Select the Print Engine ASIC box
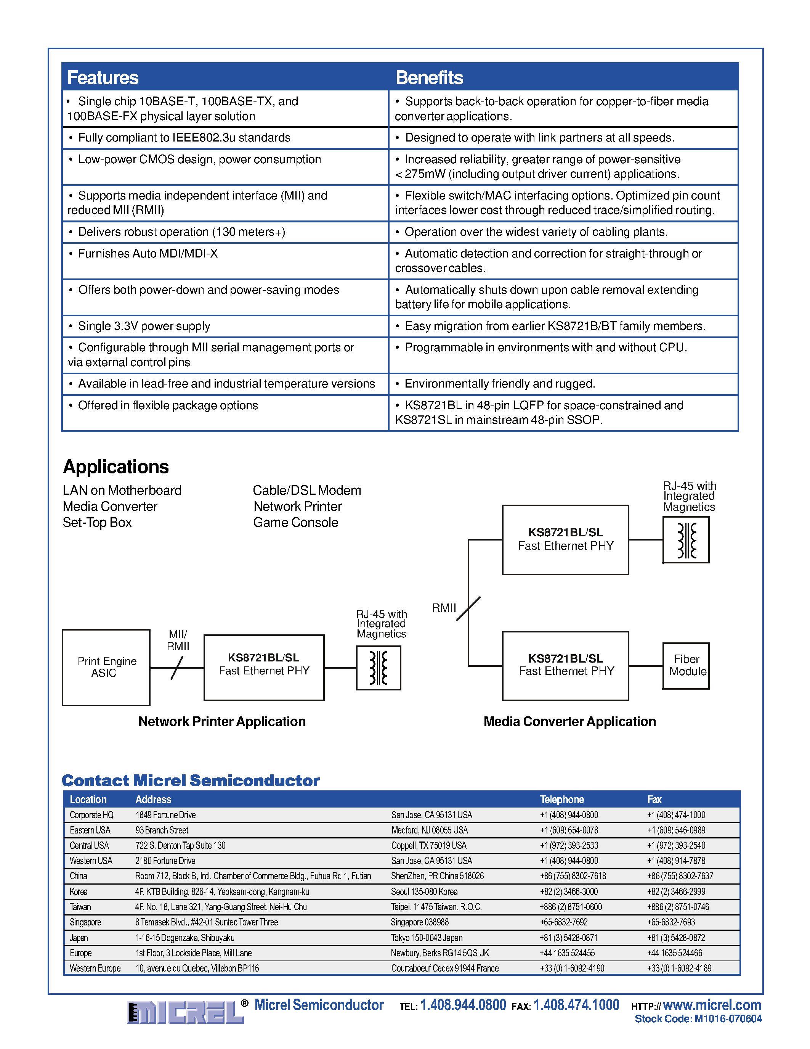[106, 667]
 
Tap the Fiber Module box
[686, 666]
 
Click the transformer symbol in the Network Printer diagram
[379, 668]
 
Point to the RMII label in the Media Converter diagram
[444, 608]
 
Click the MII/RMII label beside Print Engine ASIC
[178, 640]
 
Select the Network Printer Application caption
[222, 721]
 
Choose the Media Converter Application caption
[569, 721]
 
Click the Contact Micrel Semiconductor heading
[191, 780]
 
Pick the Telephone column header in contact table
[562, 799]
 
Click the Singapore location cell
[85, 922]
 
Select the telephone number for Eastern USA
[569, 830]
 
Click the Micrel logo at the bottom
[185, 1012]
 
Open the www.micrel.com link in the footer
[712, 1005]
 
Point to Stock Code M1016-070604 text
[698, 1019]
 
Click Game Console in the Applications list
[295, 523]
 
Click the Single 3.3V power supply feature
[144, 326]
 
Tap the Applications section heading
[116, 467]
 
